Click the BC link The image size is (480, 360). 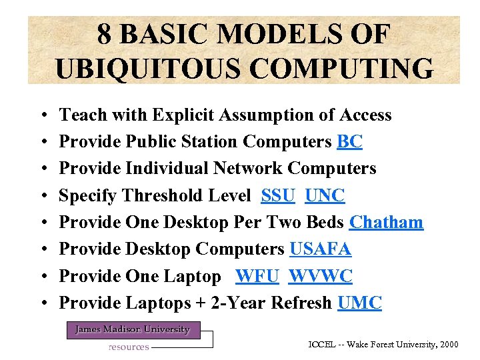pyautogui.click(x=350, y=142)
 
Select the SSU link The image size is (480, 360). pyautogui.click(x=278, y=196)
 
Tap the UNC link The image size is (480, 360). pyautogui.click(x=325, y=196)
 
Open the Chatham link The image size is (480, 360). pyautogui.click(x=386, y=223)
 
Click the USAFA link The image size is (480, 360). pyautogui.click(x=320, y=249)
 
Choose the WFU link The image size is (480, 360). pyautogui.click(x=257, y=276)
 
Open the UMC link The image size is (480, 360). pyautogui.click(x=359, y=303)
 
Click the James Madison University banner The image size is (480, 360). pyautogui.click(x=132, y=329)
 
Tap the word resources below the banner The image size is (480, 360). pyautogui.click(x=129, y=347)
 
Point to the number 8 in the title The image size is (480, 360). pyautogui.click(x=104, y=34)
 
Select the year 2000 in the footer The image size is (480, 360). pyautogui.click(x=447, y=344)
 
